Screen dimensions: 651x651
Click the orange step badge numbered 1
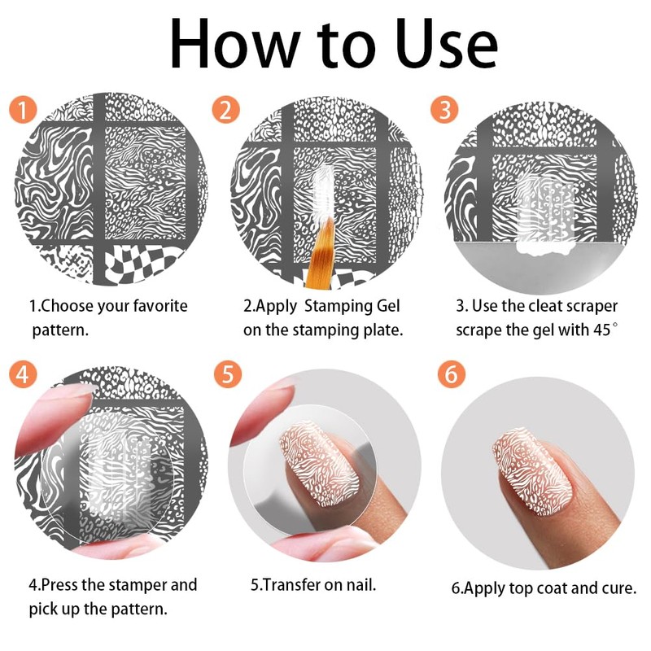[23, 110]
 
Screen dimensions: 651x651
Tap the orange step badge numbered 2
[225, 110]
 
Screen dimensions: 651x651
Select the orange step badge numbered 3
[444, 110]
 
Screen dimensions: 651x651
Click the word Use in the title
[446, 44]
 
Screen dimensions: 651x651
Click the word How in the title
[235, 44]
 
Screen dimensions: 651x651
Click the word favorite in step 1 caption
[160, 306]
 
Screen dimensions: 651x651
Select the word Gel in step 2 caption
[388, 306]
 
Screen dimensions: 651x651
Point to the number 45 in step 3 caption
[602, 330]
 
